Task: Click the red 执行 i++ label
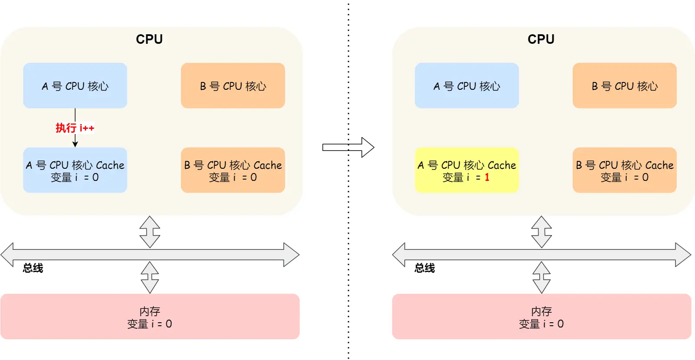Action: click(x=75, y=128)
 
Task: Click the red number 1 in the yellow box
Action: click(x=487, y=177)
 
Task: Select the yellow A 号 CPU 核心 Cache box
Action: click(x=466, y=170)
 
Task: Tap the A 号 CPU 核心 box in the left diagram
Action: click(x=75, y=86)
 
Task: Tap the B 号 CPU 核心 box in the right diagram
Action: click(x=624, y=86)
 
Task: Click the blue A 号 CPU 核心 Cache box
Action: click(x=75, y=170)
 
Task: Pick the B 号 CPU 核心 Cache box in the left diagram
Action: click(x=233, y=170)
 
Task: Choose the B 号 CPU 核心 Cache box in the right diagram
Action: click(x=624, y=170)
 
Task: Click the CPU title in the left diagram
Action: click(x=149, y=39)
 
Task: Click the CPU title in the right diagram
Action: click(x=541, y=39)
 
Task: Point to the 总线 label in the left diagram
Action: click(x=33, y=268)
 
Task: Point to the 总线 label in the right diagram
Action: click(x=425, y=268)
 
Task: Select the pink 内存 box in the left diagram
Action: click(x=150, y=317)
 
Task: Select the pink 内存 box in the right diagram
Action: click(x=541, y=317)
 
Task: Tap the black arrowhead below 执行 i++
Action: click(x=75, y=144)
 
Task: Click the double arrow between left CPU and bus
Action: click(x=150, y=232)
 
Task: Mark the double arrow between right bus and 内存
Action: click(x=541, y=278)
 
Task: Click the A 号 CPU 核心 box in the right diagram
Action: click(x=466, y=86)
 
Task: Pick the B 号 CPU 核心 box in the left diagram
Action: click(x=233, y=86)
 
